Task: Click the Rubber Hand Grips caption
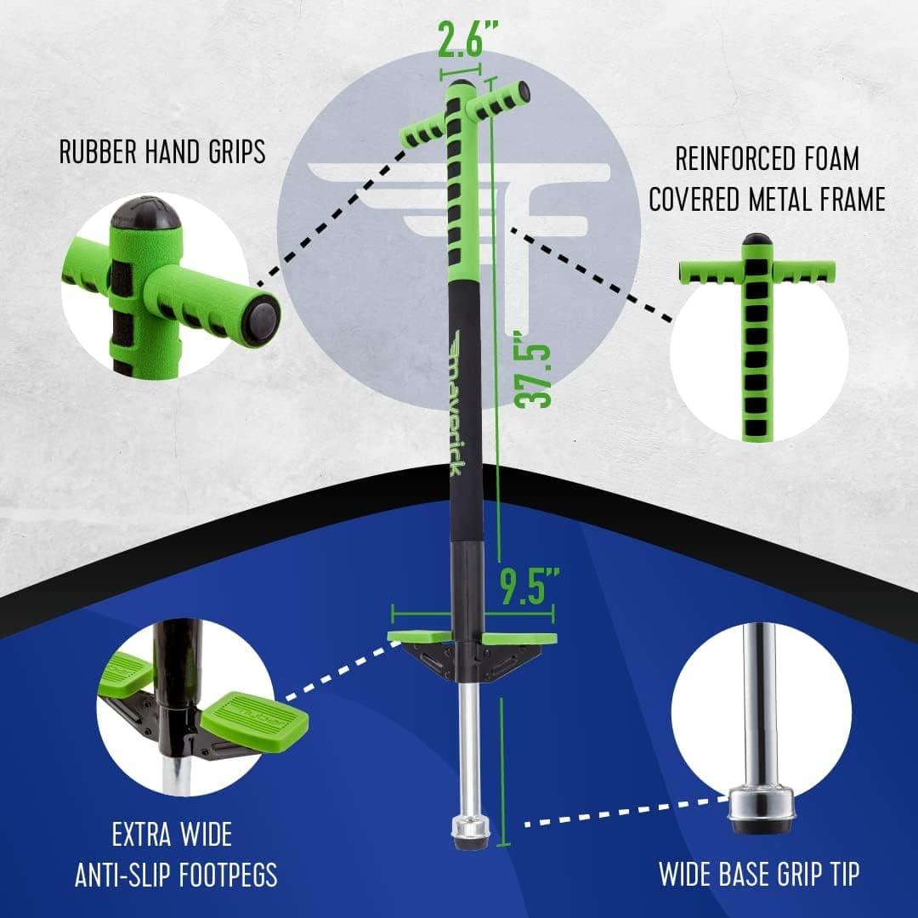(161, 152)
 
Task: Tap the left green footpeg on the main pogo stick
(418, 636)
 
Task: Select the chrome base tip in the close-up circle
(762, 803)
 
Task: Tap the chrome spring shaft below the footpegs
(468, 748)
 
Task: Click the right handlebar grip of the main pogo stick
(501, 99)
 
